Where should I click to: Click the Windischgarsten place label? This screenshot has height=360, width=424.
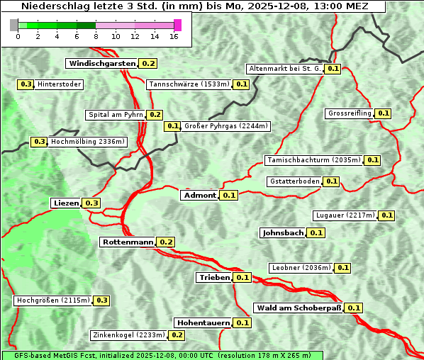click(x=102, y=64)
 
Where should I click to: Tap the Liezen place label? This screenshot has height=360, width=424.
click(x=66, y=203)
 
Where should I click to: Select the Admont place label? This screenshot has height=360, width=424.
click(x=199, y=196)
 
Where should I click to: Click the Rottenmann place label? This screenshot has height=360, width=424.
click(x=128, y=242)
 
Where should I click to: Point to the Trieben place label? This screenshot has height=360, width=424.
click(x=214, y=278)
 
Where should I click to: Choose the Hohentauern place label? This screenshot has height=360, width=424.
click(x=203, y=322)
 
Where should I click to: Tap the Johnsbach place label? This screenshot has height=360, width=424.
click(x=283, y=232)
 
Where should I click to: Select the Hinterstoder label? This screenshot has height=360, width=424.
click(x=60, y=85)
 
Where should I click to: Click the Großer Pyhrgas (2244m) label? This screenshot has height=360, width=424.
click(x=225, y=127)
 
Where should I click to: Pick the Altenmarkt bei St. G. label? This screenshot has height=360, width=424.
click(x=284, y=69)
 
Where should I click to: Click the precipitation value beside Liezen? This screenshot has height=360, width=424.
click(x=92, y=203)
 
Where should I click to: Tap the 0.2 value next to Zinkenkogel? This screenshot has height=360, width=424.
click(x=177, y=335)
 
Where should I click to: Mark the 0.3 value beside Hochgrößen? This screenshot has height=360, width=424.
click(x=101, y=300)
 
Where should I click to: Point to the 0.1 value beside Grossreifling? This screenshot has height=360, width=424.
click(x=384, y=113)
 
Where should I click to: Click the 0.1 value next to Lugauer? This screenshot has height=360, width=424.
click(x=387, y=215)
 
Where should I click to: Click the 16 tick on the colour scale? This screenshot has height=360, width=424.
click(x=174, y=36)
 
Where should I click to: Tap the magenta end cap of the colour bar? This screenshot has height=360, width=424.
click(x=177, y=25)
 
